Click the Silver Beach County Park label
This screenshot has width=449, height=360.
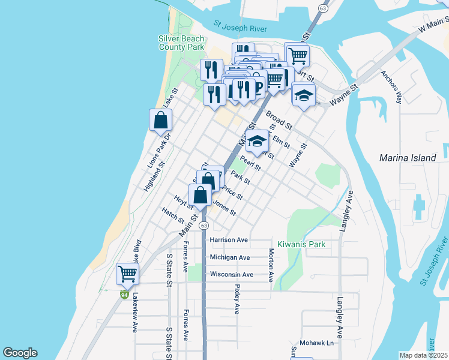pyautogui.click(x=181, y=43)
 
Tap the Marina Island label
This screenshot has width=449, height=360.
pyautogui.click(x=408, y=158)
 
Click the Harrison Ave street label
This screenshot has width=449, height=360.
pyautogui.click(x=229, y=240)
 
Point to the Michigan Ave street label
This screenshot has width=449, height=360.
pyautogui.click(x=229, y=257)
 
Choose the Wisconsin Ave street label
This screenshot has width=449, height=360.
pyautogui.click(x=231, y=275)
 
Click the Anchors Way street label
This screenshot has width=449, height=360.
pyautogui.click(x=391, y=87)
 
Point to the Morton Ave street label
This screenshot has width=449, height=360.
pyautogui.click(x=271, y=265)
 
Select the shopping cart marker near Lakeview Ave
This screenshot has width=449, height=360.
pyautogui.click(x=127, y=274)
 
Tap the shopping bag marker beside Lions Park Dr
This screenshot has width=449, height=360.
pyautogui.click(x=161, y=120)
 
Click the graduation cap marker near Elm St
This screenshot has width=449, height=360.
pyautogui.click(x=258, y=142)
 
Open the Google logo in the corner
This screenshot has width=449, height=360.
pyautogui.click(x=20, y=353)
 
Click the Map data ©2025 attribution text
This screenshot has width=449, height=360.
pyautogui.click(x=423, y=355)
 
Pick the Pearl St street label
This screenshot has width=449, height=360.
pyautogui.click(x=250, y=163)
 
